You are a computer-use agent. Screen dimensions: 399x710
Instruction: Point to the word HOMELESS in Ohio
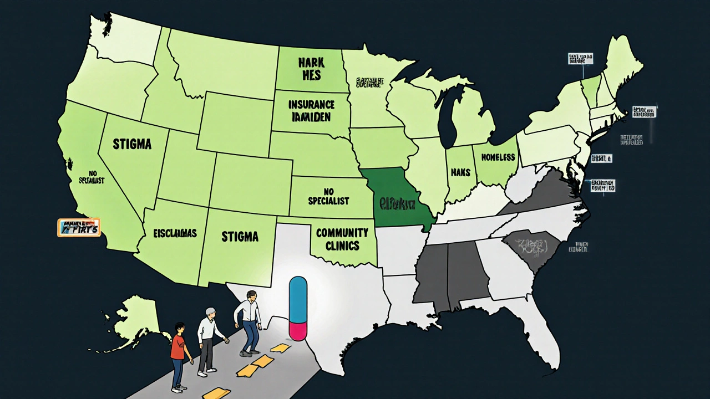(498, 157)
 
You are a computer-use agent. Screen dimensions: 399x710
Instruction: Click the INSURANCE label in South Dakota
(311, 104)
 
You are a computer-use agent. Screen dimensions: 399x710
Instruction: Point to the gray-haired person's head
(210, 314)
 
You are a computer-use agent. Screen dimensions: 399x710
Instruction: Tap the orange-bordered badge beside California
(79, 227)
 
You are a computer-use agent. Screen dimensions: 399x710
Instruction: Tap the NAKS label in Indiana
(460, 172)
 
